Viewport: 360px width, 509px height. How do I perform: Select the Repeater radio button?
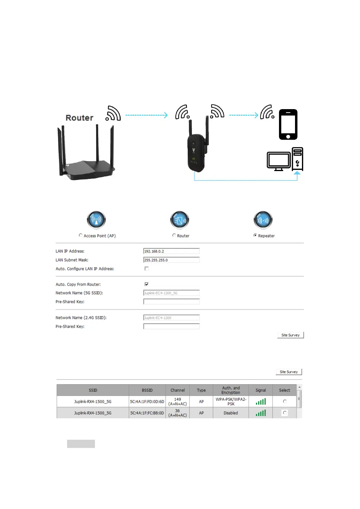click(x=255, y=235)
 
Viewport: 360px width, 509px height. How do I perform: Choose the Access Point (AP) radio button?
click(x=80, y=235)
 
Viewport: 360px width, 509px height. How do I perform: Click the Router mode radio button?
click(x=174, y=235)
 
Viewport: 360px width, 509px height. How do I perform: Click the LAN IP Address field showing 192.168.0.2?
click(x=171, y=251)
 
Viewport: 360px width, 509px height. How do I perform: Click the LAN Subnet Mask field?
click(x=171, y=260)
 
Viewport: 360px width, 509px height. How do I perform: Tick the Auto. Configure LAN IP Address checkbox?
click(x=147, y=269)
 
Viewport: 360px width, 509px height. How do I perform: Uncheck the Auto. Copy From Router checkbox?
click(x=147, y=284)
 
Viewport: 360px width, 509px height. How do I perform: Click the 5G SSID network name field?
click(x=171, y=293)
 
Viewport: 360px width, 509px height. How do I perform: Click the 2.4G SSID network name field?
click(x=171, y=318)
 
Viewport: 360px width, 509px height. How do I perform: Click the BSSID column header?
click(x=147, y=390)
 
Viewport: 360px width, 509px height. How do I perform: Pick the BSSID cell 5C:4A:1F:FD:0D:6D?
click(x=147, y=402)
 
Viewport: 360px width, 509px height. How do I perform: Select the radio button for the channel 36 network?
click(x=284, y=413)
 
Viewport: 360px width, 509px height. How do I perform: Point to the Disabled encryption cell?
click(x=231, y=413)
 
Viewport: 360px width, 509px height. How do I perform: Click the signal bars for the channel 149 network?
click(x=261, y=402)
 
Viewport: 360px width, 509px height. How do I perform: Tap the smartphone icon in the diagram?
click(x=288, y=124)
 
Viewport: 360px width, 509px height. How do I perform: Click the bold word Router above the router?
click(x=79, y=118)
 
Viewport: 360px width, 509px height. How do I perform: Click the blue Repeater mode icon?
click(x=263, y=220)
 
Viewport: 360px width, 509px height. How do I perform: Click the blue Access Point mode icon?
click(x=96, y=220)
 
